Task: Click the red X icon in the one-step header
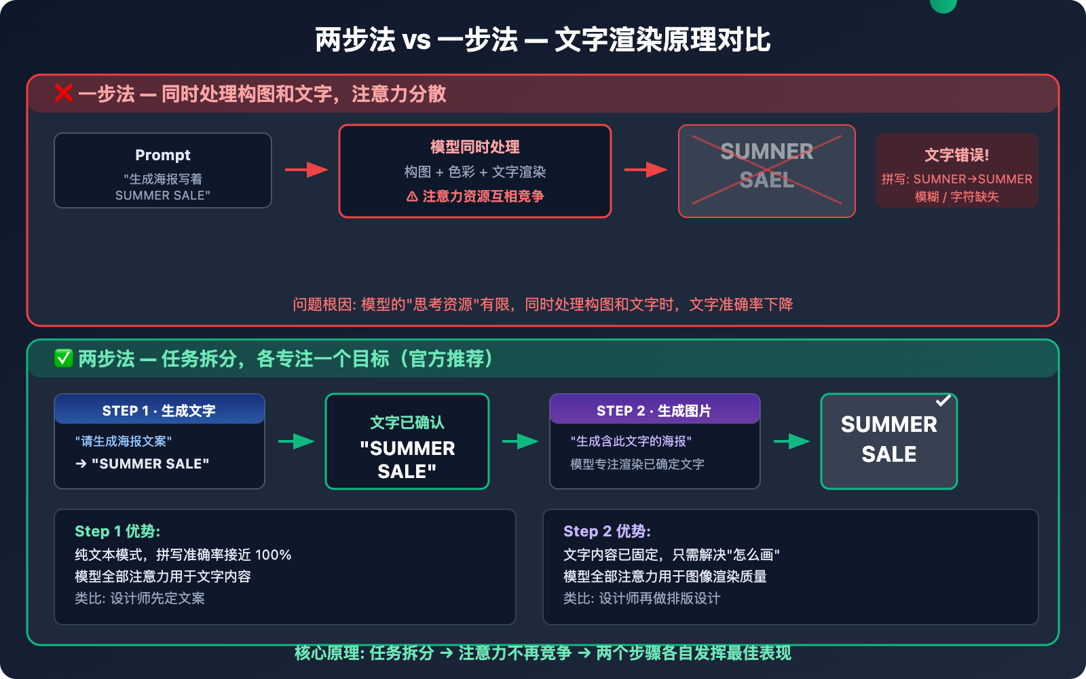[64, 93]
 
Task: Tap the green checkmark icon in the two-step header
[64, 358]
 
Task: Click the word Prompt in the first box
[163, 155]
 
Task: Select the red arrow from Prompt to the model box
[306, 169]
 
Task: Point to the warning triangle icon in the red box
[412, 197]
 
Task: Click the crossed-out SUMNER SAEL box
[766, 171]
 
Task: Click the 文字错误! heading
[956, 155]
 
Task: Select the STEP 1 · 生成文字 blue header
[159, 410]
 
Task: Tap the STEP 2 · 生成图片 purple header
[654, 410]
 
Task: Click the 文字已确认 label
[407, 422]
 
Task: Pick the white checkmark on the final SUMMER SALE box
[943, 401]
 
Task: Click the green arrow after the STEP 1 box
[297, 441]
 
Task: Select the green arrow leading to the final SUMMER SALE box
[791, 441]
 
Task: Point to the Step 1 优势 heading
[117, 531]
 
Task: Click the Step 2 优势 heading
[607, 531]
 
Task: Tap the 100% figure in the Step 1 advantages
[273, 555]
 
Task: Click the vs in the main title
[416, 40]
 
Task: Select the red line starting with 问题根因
[543, 304]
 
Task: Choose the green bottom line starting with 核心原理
[543, 653]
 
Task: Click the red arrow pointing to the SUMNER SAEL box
[645, 169]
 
